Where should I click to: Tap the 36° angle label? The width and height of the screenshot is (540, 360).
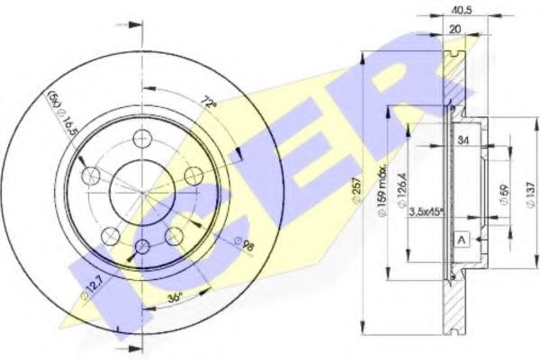175,295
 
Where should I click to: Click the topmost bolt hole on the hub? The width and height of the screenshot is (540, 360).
141,138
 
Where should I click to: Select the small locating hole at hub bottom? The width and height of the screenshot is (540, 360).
142,246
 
